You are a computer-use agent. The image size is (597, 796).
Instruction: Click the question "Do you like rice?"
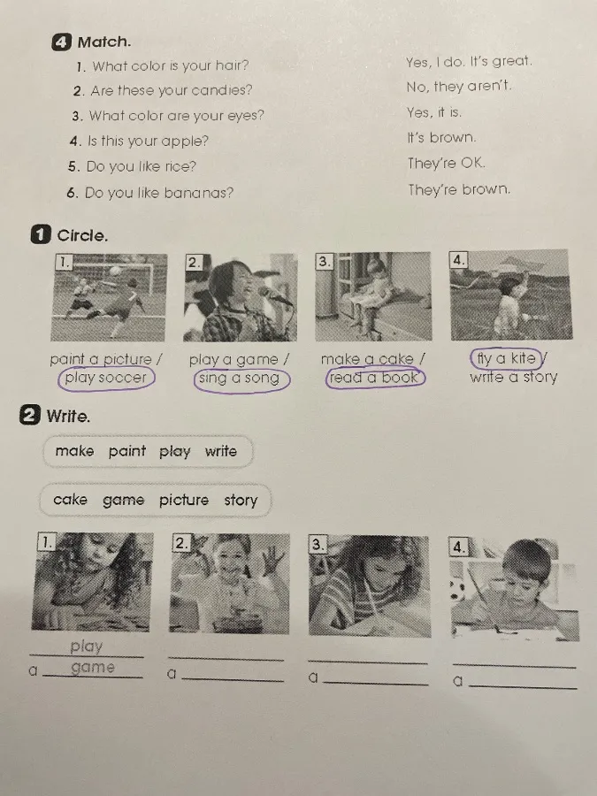[x=141, y=166]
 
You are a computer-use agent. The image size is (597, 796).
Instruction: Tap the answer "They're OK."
[x=447, y=164]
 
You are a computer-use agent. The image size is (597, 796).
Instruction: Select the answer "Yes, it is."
[x=434, y=112]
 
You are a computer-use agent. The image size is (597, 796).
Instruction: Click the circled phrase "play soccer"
[x=105, y=379]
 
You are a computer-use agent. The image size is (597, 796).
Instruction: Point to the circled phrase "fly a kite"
[x=506, y=358]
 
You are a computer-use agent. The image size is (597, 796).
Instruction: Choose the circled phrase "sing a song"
[x=241, y=379]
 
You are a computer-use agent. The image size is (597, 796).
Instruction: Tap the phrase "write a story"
[x=513, y=377]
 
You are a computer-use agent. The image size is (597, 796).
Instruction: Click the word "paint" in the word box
[x=126, y=451]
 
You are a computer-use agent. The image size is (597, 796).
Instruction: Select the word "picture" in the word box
[x=184, y=500]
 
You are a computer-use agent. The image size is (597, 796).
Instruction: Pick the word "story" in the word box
[x=241, y=500]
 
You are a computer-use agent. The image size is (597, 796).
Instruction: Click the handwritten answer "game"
[x=92, y=668]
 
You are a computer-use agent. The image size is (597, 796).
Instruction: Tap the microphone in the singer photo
[x=275, y=295]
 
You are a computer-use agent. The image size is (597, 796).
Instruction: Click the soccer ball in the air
[x=116, y=272]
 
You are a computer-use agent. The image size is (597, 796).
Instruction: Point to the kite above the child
[x=512, y=264]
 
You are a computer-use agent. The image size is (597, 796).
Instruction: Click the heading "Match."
[x=104, y=42]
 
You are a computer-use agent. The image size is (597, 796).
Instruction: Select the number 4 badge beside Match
[x=61, y=42]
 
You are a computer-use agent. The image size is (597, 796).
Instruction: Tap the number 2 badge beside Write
[x=29, y=416]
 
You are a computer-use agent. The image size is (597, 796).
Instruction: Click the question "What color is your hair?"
[x=170, y=65]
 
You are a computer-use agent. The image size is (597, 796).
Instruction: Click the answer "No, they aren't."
[x=458, y=87]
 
